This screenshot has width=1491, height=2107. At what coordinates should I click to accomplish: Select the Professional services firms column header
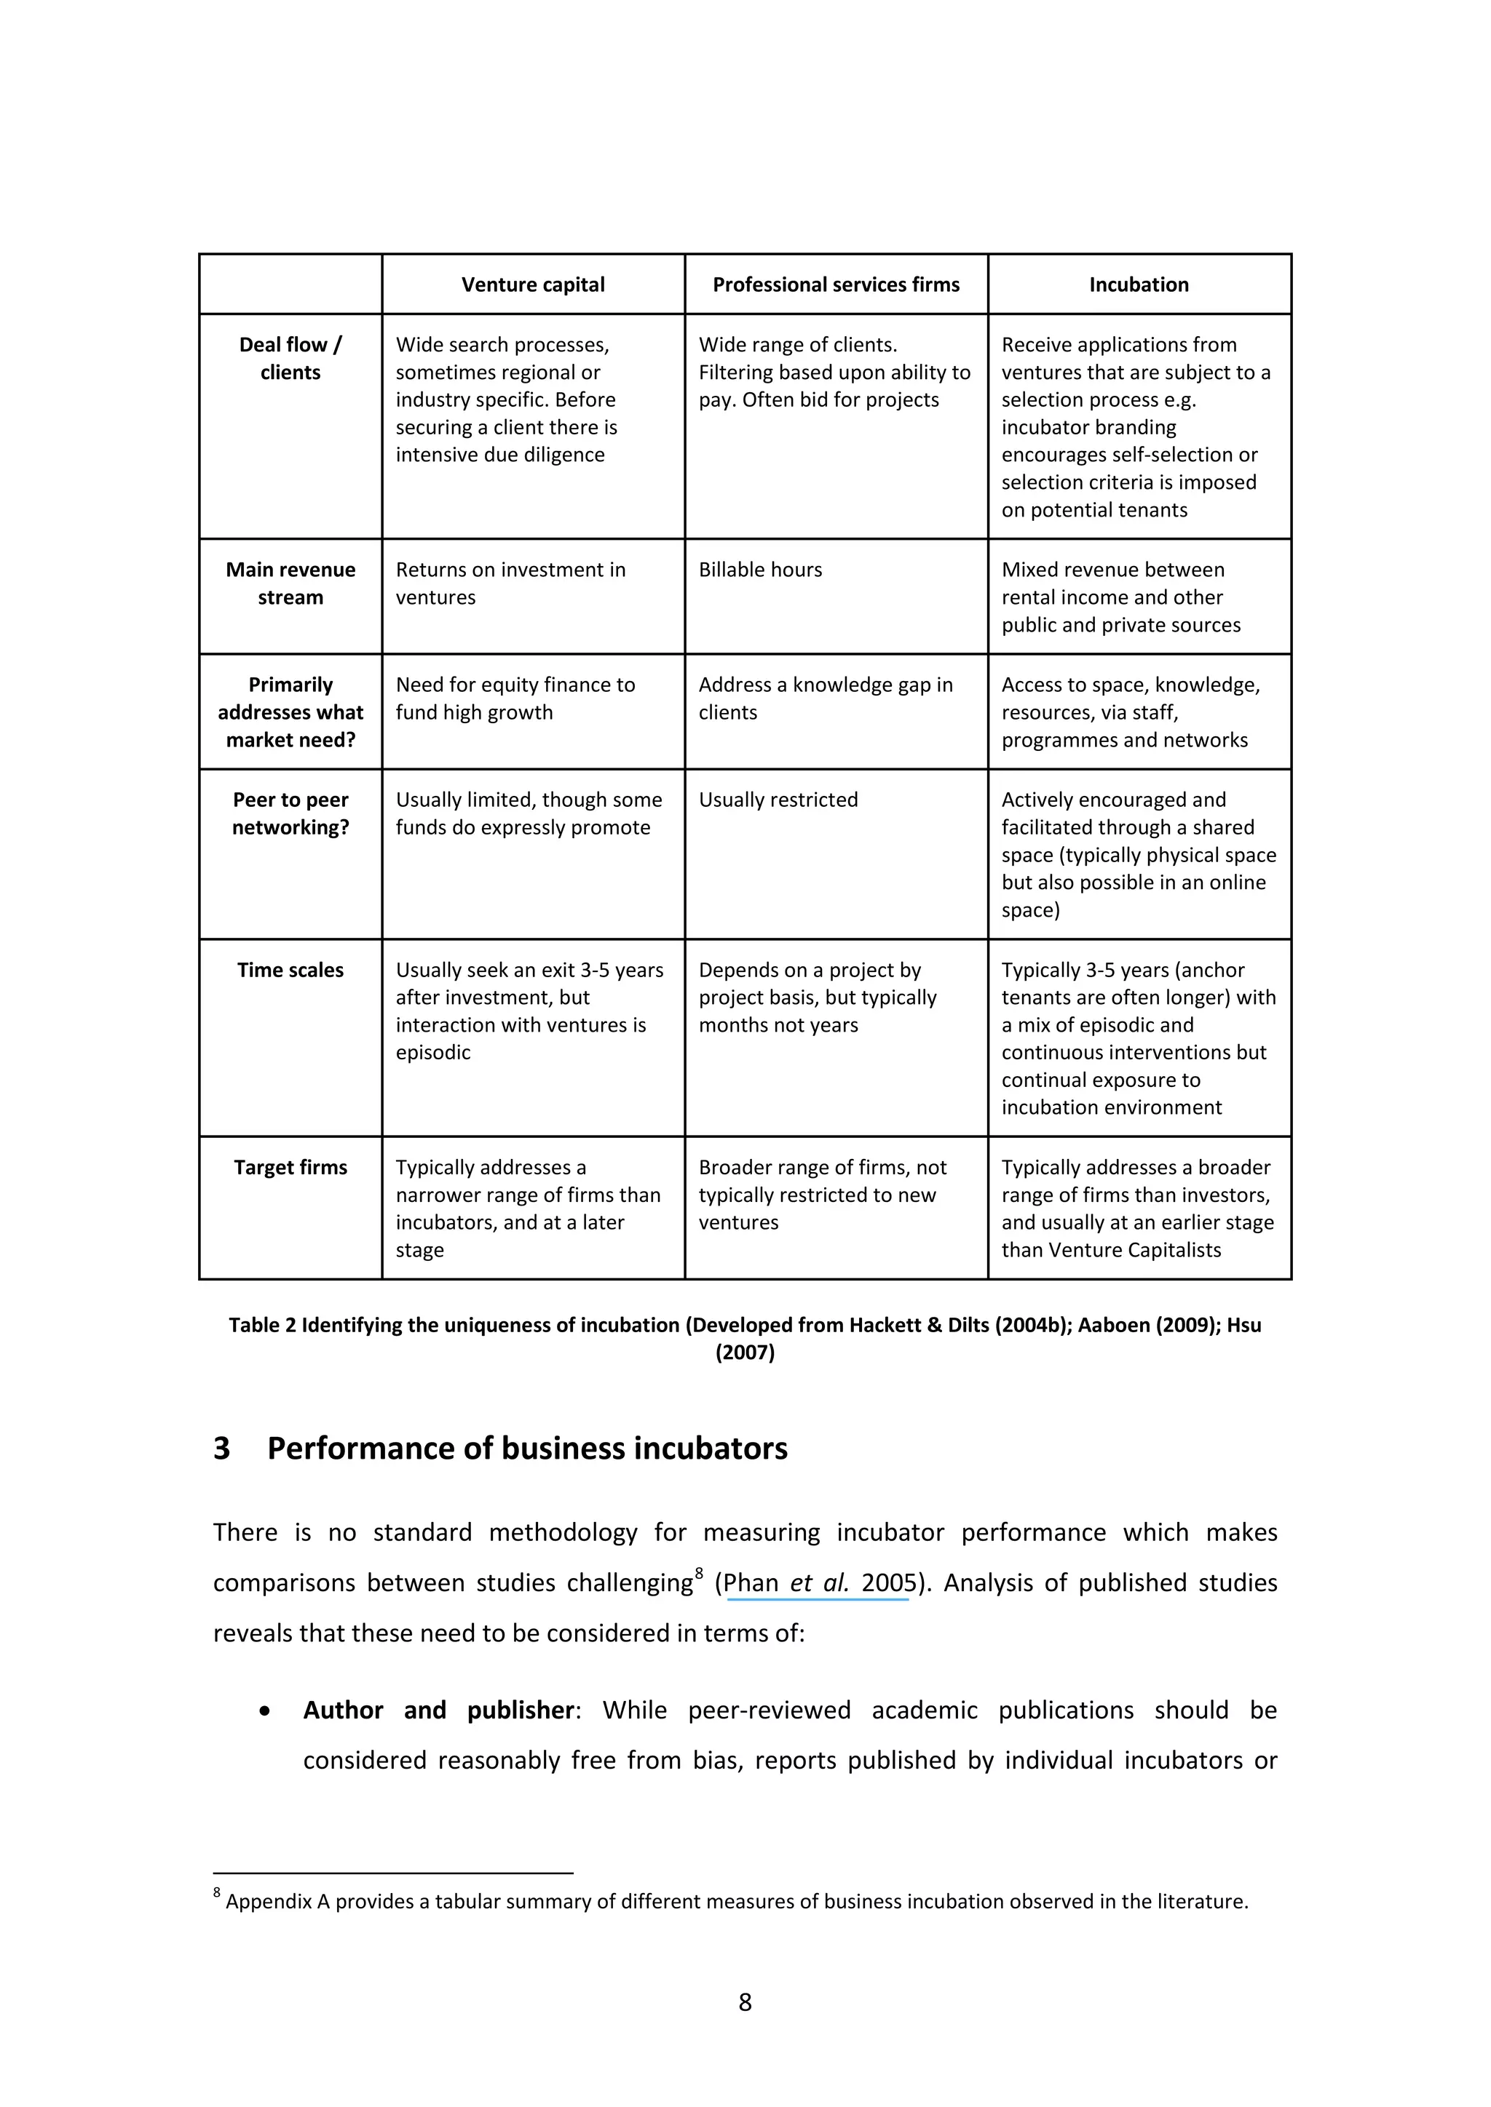click(x=836, y=284)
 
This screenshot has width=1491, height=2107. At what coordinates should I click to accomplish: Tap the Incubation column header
click(x=1139, y=284)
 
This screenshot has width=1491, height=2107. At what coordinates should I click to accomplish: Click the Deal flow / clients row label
click(x=290, y=358)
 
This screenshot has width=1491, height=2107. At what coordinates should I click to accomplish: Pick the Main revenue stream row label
click(x=290, y=583)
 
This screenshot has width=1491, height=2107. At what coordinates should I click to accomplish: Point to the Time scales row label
click(x=290, y=970)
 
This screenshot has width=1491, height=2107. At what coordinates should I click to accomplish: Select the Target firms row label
click(x=290, y=1167)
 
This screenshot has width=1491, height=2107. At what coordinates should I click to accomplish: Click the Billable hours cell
click(x=760, y=570)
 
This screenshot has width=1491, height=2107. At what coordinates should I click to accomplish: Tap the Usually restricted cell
click(x=778, y=800)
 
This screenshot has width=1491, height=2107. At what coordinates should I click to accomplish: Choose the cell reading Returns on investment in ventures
click(x=510, y=583)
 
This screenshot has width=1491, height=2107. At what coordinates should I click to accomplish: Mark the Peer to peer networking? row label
click(x=290, y=813)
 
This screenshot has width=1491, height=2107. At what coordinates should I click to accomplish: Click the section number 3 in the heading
click(x=222, y=1448)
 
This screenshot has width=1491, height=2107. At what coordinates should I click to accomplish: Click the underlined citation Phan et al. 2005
click(x=819, y=1583)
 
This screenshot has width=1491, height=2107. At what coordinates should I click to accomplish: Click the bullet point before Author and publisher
click(x=265, y=1711)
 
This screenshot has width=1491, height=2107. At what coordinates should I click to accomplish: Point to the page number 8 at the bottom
click(x=745, y=2002)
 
